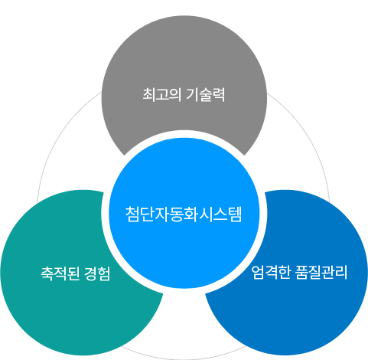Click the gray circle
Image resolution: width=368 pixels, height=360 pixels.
point(184,77)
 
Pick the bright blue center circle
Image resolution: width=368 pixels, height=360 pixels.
point(184,213)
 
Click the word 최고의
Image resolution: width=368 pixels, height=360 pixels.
point(162,95)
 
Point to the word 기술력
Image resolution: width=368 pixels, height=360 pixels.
point(206,95)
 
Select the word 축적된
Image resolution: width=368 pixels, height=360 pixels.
point(60,273)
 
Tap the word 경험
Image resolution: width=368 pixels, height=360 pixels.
point(97,273)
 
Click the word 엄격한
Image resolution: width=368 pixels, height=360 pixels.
point(271,272)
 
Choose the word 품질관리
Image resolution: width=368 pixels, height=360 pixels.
point(321,272)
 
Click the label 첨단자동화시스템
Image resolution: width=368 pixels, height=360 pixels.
point(184,214)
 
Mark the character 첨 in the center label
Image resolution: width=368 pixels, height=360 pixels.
point(132,214)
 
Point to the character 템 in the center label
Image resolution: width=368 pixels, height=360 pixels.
point(235,214)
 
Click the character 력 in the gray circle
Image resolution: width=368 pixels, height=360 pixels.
point(219,95)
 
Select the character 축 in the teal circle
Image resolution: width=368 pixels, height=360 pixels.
point(47,273)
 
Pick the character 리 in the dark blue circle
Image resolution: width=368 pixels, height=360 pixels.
point(341,272)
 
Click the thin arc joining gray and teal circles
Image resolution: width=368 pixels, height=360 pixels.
point(58,136)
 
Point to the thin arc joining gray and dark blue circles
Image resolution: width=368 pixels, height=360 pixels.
point(310,136)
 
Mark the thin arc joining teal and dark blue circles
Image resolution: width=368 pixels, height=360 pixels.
point(184,358)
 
